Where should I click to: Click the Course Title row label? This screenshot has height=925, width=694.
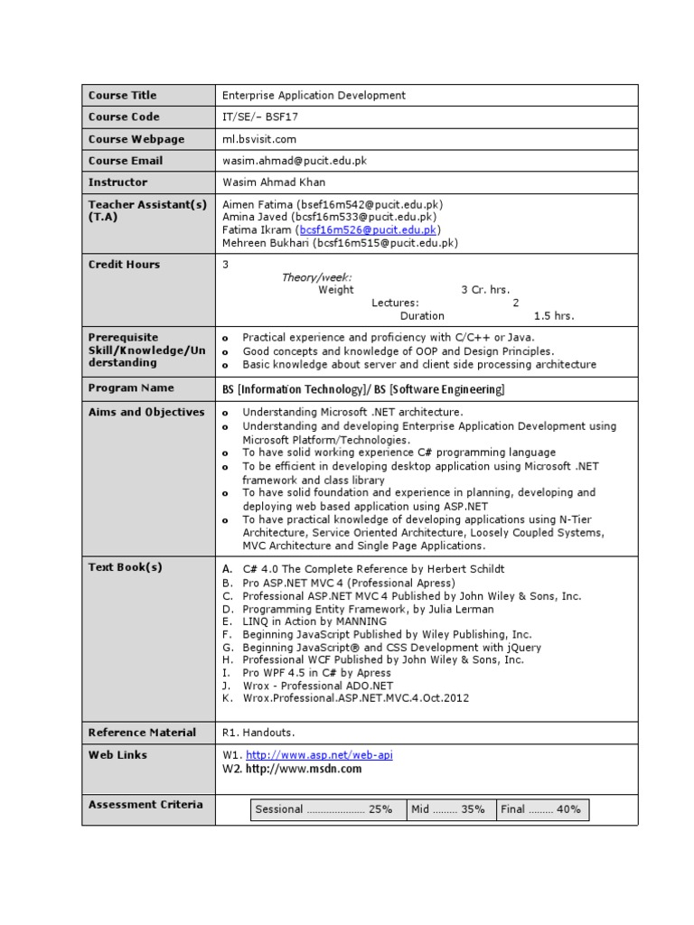pos(122,96)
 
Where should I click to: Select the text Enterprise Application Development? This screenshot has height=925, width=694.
pos(314,96)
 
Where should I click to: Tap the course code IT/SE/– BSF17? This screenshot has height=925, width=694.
pos(261,117)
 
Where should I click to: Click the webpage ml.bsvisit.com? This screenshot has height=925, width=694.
pos(259,139)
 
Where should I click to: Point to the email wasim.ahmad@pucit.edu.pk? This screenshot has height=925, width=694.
pos(295,161)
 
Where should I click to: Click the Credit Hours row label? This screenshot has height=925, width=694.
pos(124,265)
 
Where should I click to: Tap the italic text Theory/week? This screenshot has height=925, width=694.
pos(316,278)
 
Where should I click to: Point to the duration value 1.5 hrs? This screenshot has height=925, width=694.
pos(553,316)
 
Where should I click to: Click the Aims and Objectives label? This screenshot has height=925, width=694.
pos(146,413)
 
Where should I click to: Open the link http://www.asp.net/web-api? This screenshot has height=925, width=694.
pos(319,755)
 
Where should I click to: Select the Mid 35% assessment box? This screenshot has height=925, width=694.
pos(448,809)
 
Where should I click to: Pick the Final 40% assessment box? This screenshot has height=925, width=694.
pos(541,809)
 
